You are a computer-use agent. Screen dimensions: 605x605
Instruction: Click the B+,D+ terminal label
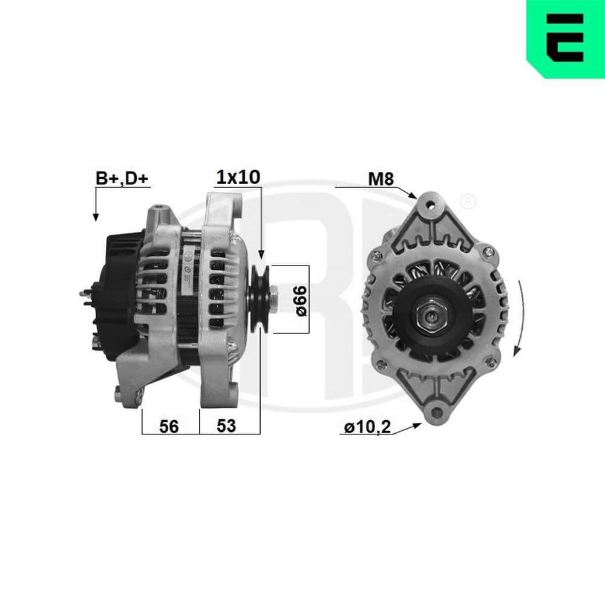tap(122, 178)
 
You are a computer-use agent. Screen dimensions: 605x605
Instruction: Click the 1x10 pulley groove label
tap(239, 177)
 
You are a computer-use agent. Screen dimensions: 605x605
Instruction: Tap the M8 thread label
tap(382, 178)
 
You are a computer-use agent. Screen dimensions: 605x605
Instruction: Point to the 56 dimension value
tap(169, 426)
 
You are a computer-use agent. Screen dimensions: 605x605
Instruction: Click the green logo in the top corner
tap(565, 39)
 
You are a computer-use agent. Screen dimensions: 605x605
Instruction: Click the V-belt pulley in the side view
tap(261, 299)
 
